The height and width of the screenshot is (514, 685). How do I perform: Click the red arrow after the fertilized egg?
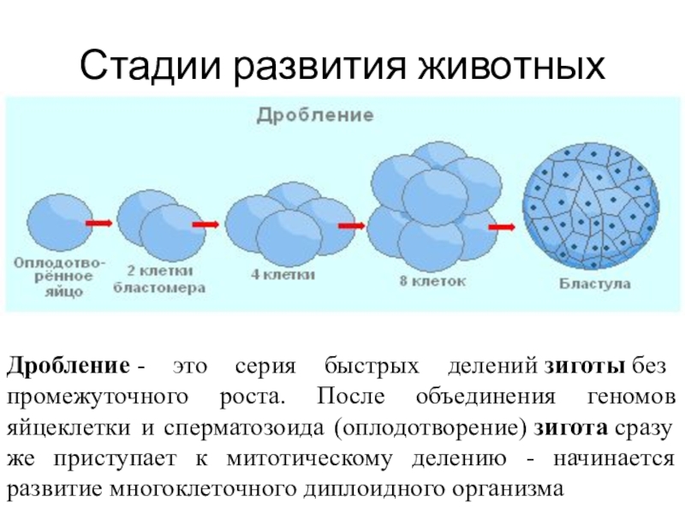pos(100,223)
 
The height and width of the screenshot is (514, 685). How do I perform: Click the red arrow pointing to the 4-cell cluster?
pos(205,224)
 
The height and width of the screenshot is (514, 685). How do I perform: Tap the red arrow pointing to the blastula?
pos(501,226)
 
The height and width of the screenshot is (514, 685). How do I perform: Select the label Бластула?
pos(596,282)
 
